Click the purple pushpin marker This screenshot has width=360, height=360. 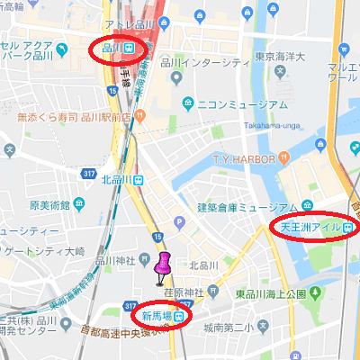click(163, 267)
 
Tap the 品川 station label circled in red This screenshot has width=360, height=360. click(117, 48)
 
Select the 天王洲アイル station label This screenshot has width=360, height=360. click(310, 228)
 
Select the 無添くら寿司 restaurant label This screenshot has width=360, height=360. click(67, 115)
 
